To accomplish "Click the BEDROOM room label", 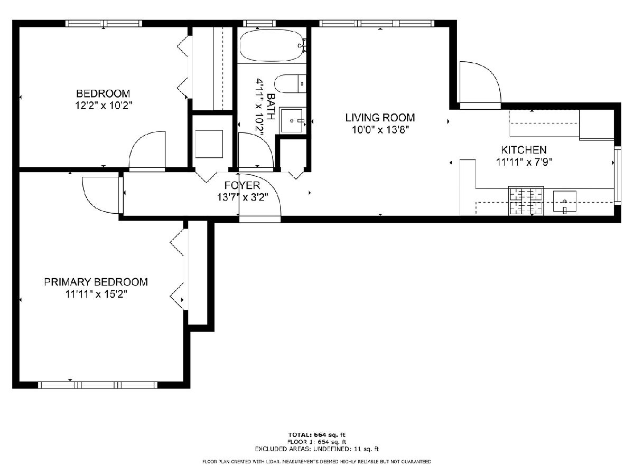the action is click(x=103, y=93).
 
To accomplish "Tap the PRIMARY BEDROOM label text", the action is click(x=96, y=282).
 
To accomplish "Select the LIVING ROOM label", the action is click(x=380, y=118).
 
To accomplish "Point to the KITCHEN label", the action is click(x=524, y=150).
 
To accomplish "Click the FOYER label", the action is click(x=242, y=185).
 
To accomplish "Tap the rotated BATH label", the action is click(x=271, y=107).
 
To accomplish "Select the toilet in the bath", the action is click(x=290, y=83).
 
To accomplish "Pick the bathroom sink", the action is click(x=293, y=121).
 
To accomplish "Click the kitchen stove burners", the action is click(x=526, y=201).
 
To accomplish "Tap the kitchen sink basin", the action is click(x=565, y=201).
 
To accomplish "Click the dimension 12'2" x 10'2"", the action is click(x=104, y=106).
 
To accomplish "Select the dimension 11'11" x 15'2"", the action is click(x=96, y=294).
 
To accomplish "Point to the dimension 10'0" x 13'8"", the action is click(x=380, y=130).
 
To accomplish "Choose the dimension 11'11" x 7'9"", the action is click(x=524, y=163).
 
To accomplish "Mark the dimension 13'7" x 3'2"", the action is click(x=243, y=197).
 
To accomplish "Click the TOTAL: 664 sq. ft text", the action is click(x=316, y=435).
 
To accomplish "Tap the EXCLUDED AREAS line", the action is click(x=316, y=449).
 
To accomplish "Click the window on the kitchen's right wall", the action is click(x=617, y=175).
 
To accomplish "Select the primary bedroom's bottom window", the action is click(x=98, y=385).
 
